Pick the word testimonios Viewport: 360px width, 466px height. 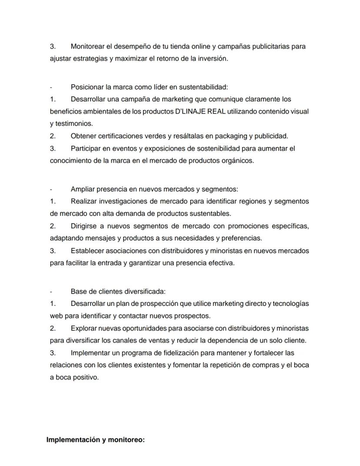pyautogui.click(x=71, y=124)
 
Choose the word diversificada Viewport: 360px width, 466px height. pyautogui.click(x=146, y=292)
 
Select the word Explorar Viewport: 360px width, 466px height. pyautogui.click(x=83, y=328)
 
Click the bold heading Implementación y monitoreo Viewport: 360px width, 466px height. pyautogui.click(x=95, y=440)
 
